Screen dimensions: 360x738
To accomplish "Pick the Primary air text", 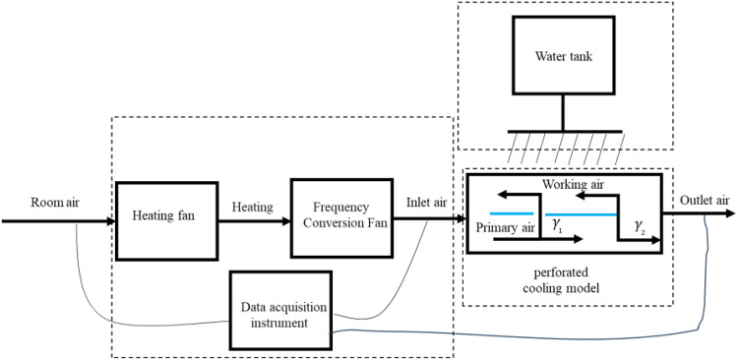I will coord(506,227).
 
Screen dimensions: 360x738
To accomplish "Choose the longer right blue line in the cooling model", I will coord(581,212).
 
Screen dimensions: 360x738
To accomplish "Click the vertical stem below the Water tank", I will coord(561,111).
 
